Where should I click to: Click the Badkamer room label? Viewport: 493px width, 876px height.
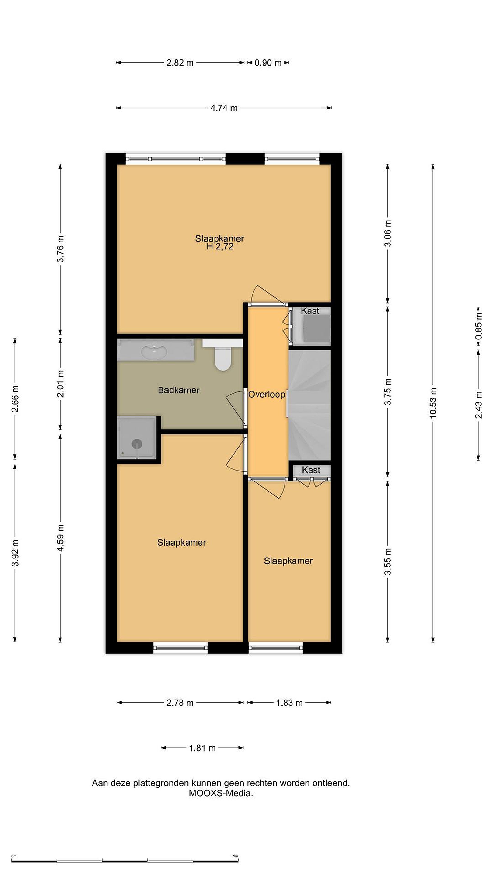(x=179, y=390)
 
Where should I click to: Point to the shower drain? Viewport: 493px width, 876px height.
(x=137, y=444)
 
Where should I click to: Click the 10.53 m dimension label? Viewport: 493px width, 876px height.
(x=433, y=403)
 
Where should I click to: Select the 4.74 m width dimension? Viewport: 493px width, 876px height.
(x=224, y=108)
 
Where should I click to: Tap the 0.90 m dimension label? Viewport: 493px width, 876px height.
(x=268, y=63)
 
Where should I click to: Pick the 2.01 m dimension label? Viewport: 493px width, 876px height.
(x=61, y=384)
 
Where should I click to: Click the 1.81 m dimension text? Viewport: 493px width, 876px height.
(x=202, y=748)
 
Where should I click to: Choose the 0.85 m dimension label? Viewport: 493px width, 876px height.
(x=479, y=326)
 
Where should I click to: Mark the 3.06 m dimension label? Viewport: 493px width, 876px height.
(x=388, y=233)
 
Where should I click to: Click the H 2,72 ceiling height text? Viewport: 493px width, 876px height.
(x=220, y=247)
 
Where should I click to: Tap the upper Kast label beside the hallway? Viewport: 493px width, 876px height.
(x=310, y=311)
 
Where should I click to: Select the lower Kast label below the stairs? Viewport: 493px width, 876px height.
(x=311, y=470)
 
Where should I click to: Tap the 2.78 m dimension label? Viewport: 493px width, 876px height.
(x=180, y=703)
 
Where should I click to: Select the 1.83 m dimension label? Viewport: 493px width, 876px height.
(x=289, y=703)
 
